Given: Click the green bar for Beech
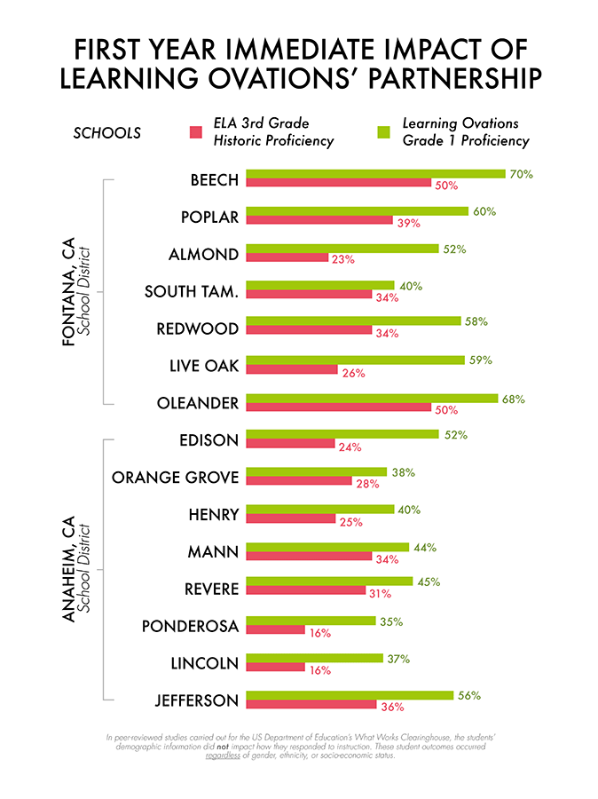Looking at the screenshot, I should tap(375, 174).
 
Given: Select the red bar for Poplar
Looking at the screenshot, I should tap(319, 220).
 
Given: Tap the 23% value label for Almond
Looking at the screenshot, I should tap(342, 259).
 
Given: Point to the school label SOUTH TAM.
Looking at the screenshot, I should tap(191, 291).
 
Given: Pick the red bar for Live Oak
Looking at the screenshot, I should tap(292, 369).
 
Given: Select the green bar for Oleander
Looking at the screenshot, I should tap(372, 398).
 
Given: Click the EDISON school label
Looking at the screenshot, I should tap(209, 440).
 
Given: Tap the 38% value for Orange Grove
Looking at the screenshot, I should tap(403, 473).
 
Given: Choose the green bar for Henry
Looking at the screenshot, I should tap(320, 510).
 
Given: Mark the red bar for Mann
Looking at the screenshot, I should tap(309, 556).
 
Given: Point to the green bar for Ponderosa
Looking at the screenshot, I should tap(313, 621).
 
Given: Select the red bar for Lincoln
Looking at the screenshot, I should tap(275, 668).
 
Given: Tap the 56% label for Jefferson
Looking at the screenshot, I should tap(468, 696).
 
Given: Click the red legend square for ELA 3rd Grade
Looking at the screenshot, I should tap(198, 132).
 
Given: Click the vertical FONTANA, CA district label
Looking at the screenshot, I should tap(68, 292).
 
